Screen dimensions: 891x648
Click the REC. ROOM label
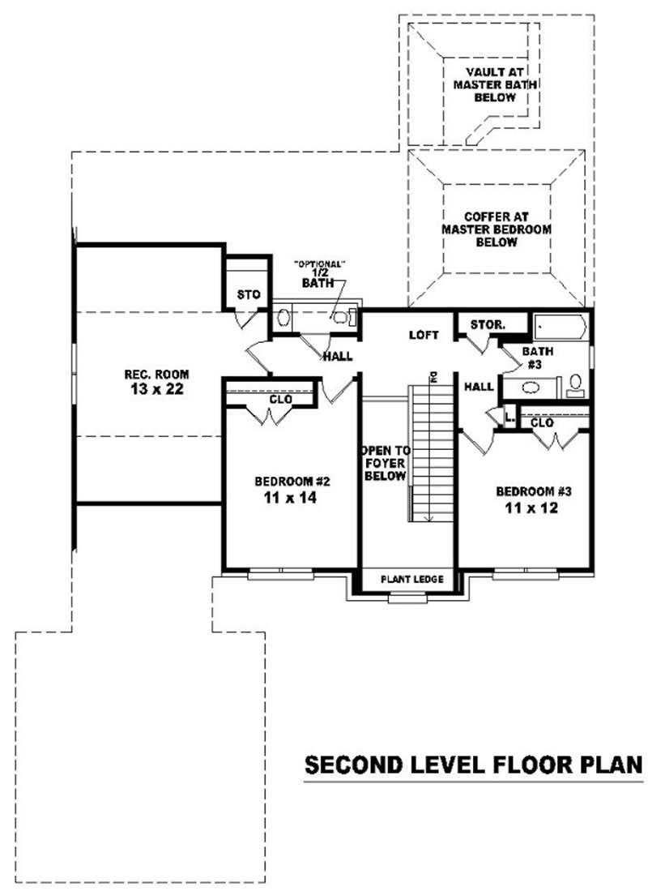156,374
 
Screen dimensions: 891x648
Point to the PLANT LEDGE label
412,579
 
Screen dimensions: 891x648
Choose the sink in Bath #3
575,393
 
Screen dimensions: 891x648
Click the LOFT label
424,334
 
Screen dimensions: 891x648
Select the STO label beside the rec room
248,294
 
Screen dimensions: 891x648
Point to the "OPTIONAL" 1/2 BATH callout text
320,273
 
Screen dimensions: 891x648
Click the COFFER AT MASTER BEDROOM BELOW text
496,229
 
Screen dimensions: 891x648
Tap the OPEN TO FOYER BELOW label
384,462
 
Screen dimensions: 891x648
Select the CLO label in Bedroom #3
542,422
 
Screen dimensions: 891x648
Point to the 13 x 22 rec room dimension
156,389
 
